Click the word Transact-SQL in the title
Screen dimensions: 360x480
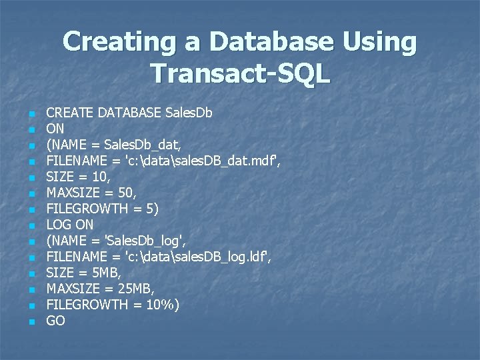click(x=240, y=73)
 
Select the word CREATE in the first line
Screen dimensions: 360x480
click(x=70, y=113)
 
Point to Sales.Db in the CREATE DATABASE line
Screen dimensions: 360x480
click(x=189, y=113)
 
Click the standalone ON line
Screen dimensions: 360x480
click(x=55, y=129)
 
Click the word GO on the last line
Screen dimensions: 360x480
click(x=55, y=321)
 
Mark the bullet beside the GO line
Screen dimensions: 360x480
click(x=31, y=322)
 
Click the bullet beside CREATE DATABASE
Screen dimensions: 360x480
click(x=31, y=114)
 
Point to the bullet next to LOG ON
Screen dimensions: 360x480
click(x=31, y=226)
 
